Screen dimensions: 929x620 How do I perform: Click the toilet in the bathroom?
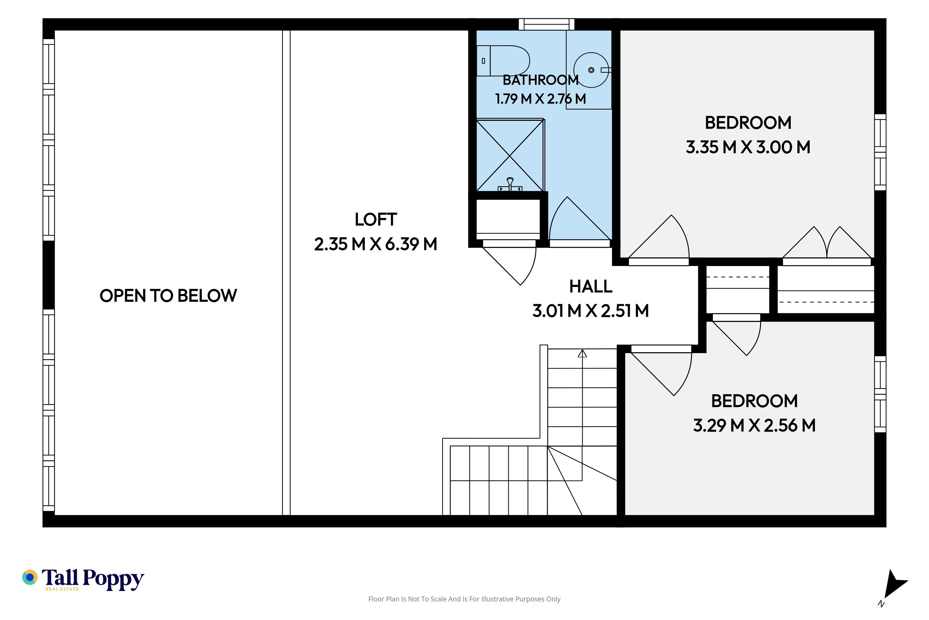[x=503, y=61]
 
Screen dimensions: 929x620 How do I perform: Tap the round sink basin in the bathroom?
[x=591, y=70]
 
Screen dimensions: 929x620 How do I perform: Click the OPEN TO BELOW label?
[x=168, y=296]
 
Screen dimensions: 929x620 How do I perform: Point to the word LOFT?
[x=376, y=219]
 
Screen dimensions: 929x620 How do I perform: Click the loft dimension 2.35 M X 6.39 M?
[x=376, y=244]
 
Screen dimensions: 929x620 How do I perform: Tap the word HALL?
[x=591, y=286]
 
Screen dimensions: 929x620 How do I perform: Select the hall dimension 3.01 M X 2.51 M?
[x=591, y=311]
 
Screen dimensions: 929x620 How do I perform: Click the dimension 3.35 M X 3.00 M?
[x=748, y=147]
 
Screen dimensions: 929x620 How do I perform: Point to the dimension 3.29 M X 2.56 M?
[x=754, y=426]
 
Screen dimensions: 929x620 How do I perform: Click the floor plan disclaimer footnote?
[x=464, y=599]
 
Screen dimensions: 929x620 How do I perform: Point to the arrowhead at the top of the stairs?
[x=582, y=353]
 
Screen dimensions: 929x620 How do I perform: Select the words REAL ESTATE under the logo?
[x=62, y=589]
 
